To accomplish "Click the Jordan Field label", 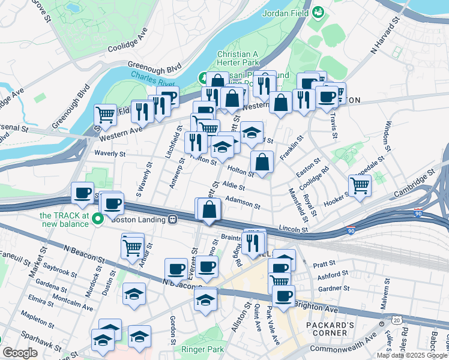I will [x=285, y=13].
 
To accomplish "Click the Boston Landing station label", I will [x=138, y=220].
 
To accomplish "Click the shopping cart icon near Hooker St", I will [x=360, y=185].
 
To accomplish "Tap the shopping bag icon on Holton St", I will [x=262, y=162].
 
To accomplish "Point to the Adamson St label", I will [x=243, y=201].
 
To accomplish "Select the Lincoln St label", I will [x=294, y=229].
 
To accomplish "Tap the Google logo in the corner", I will [x=20, y=353].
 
